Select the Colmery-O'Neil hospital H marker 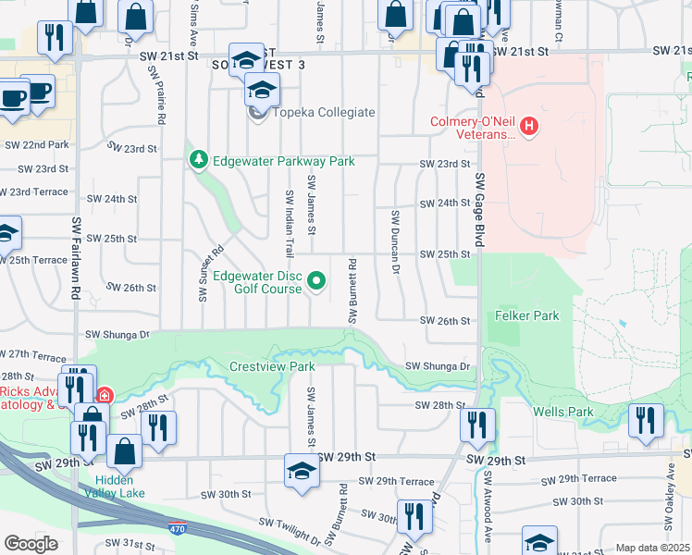point(528,126)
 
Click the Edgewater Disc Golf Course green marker point(316,281)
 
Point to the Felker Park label point(527,315)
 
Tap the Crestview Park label point(273,366)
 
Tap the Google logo point(31,544)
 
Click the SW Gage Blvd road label point(480,208)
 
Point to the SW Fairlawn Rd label point(77,258)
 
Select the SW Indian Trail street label point(290,224)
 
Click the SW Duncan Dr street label point(395,242)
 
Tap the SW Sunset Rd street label point(211,274)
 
